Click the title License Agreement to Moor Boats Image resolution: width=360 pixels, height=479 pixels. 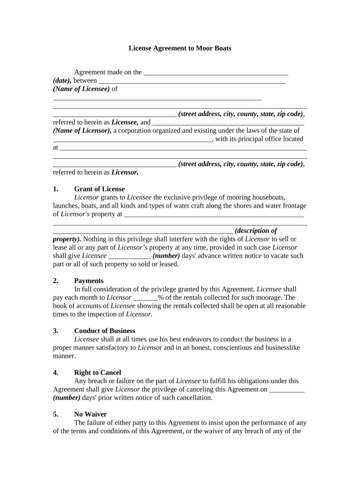tap(180, 48)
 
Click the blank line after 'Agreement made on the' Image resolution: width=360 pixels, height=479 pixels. tap(216, 73)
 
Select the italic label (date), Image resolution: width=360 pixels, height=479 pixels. tap(62, 80)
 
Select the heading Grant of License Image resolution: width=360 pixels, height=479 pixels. tap(99, 189)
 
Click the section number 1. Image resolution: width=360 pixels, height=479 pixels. tap(56, 189)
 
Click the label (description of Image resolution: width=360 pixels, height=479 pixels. tap(256, 231)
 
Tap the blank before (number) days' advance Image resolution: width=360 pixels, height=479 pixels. tap(130, 256)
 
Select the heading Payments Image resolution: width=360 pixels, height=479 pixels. tap(89, 281)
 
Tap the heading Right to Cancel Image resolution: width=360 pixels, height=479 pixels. tap(97, 373)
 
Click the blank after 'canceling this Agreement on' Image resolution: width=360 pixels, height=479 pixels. tap(287, 389)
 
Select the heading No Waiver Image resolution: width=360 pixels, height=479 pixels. tap(90, 414)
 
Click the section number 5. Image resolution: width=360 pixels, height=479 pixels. tap(56, 414)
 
